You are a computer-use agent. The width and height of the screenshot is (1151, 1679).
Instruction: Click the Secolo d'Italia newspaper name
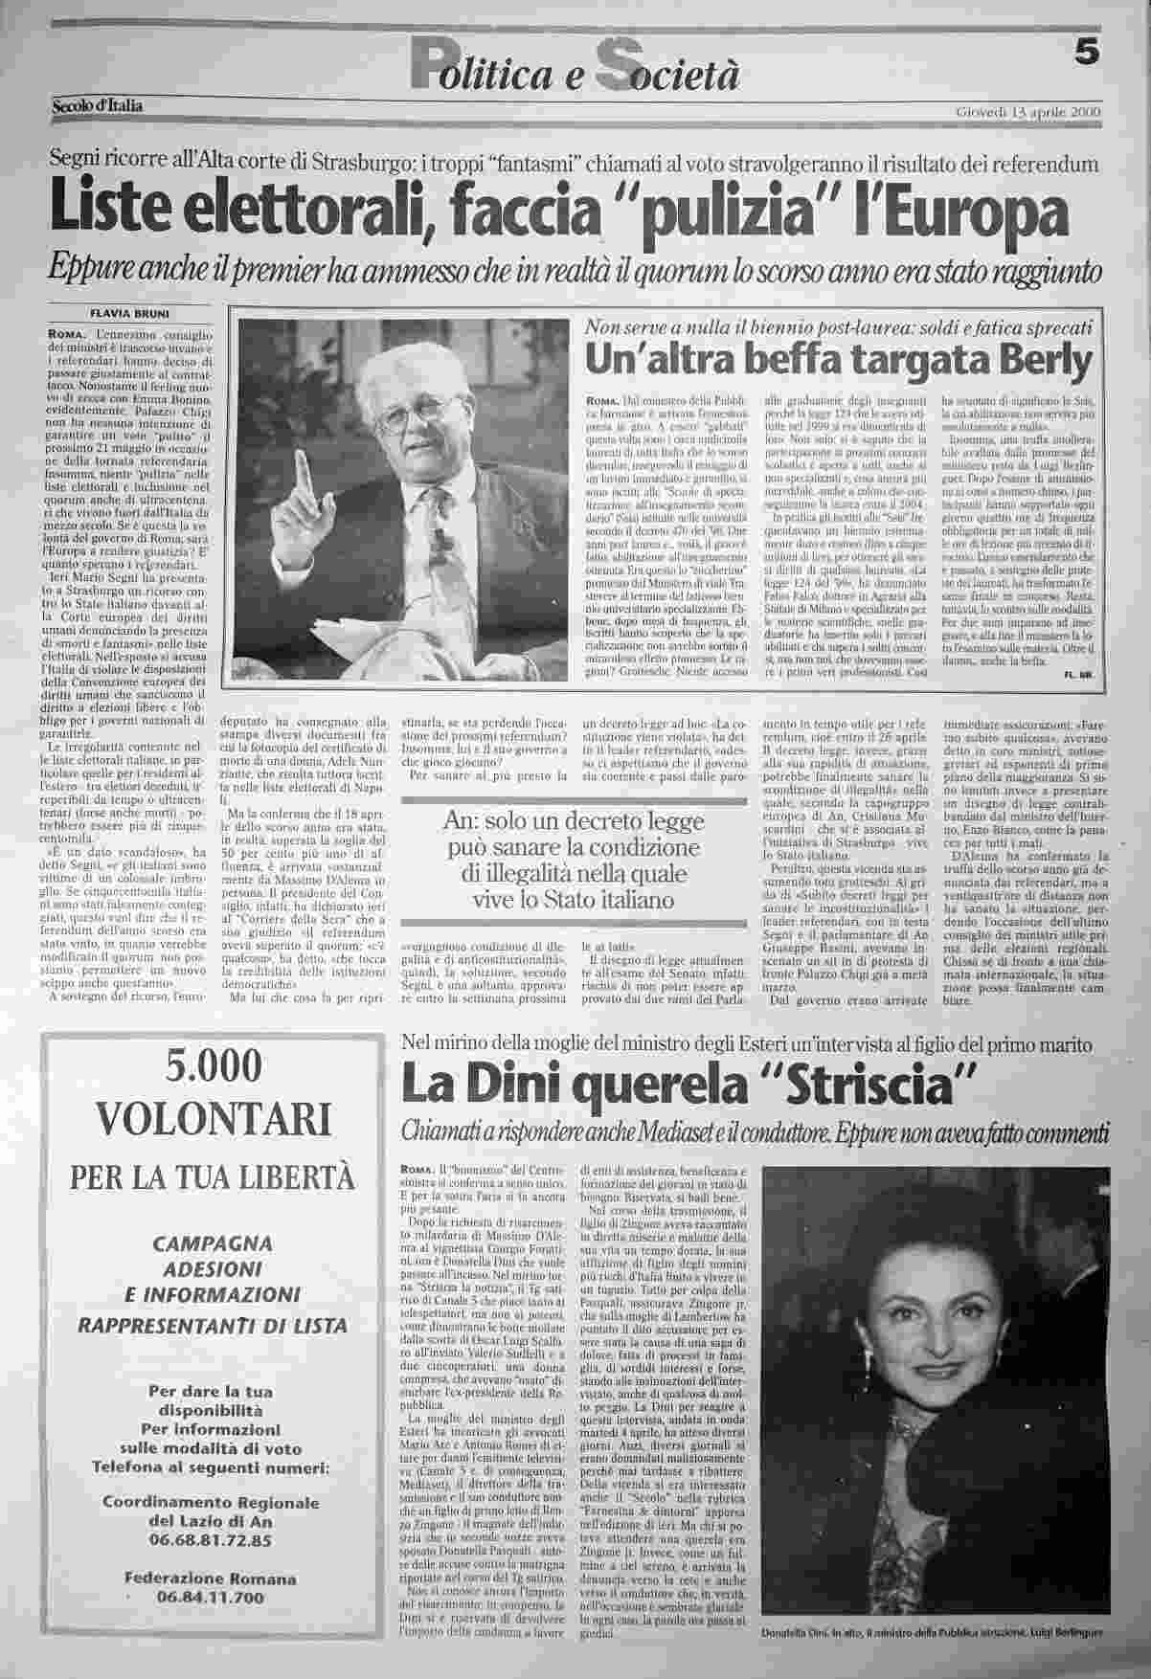(97, 105)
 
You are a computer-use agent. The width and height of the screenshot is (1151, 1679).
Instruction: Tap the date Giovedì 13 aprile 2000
(1027, 112)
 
